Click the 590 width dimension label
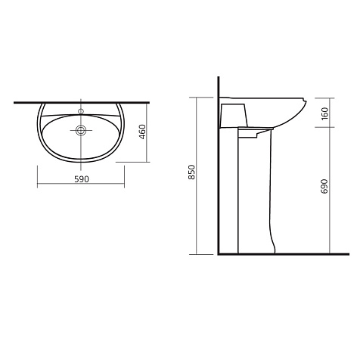coord(82,179)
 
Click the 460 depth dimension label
coord(142,132)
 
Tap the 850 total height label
coord(192,172)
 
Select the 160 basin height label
coord(325,113)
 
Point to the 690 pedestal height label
coord(325,186)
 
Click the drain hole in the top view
coord(81,130)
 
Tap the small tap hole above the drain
coord(81,111)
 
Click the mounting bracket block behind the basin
coord(234,116)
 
